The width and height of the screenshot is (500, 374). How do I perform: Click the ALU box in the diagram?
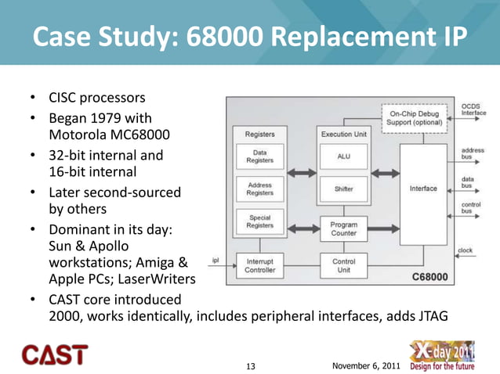pyautogui.click(x=343, y=156)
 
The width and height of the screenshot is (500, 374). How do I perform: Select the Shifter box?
pyautogui.click(x=343, y=189)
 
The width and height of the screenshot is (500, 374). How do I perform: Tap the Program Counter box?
pyautogui.click(x=343, y=228)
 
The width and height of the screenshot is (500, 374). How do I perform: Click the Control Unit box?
pyautogui.click(x=343, y=267)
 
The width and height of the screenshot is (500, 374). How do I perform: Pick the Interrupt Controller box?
pyautogui.click(x=259, y=267)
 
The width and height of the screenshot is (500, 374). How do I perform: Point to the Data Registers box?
pyautogui.click(x=259, y=156)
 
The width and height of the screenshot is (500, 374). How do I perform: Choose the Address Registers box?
pyautogui.click(x=259, y=189)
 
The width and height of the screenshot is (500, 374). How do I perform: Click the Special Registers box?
pyautogui.click(x=259, y=221)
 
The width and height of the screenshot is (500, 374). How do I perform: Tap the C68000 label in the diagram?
pyautogui.click(x=429, y=276)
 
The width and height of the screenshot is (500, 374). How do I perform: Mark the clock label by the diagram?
pyautogui.click(x=466, y=251)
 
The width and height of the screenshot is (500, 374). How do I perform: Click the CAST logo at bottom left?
pyautogui.click(x=54, y=354)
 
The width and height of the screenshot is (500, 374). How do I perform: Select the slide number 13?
pyautogui.click(x=251, y=366)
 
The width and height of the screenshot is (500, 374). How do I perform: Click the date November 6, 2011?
pyautogui.click(x=365, y=365)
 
